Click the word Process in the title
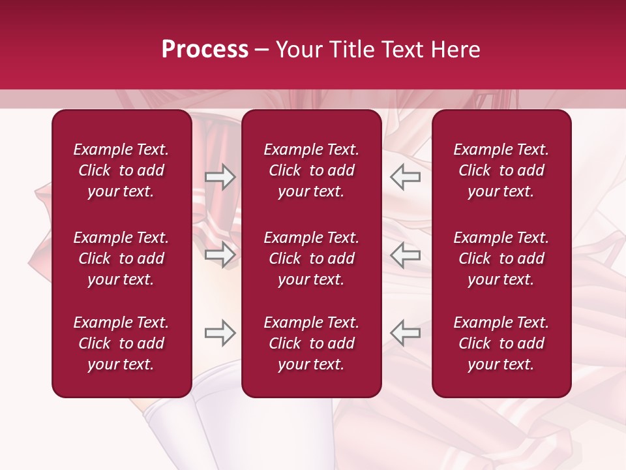tap(205, 50)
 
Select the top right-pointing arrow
tap(220, 177)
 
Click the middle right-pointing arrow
tap(220, 255)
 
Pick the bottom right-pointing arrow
tap(220, 333)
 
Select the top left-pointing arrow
tap(405, 177)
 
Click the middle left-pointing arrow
tap(405, 255)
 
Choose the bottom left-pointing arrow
tap(405, 333)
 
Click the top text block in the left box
tap(121, 170)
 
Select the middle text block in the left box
tap(121, 258)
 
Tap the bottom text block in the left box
tap(121, 343)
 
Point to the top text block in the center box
tap(312, 170)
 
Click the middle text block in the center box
tap(312, 258)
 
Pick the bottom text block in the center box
tap(312, 343)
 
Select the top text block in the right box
tap(501, 170)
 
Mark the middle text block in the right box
tap(501, 258)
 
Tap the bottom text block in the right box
tap(501, 343)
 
